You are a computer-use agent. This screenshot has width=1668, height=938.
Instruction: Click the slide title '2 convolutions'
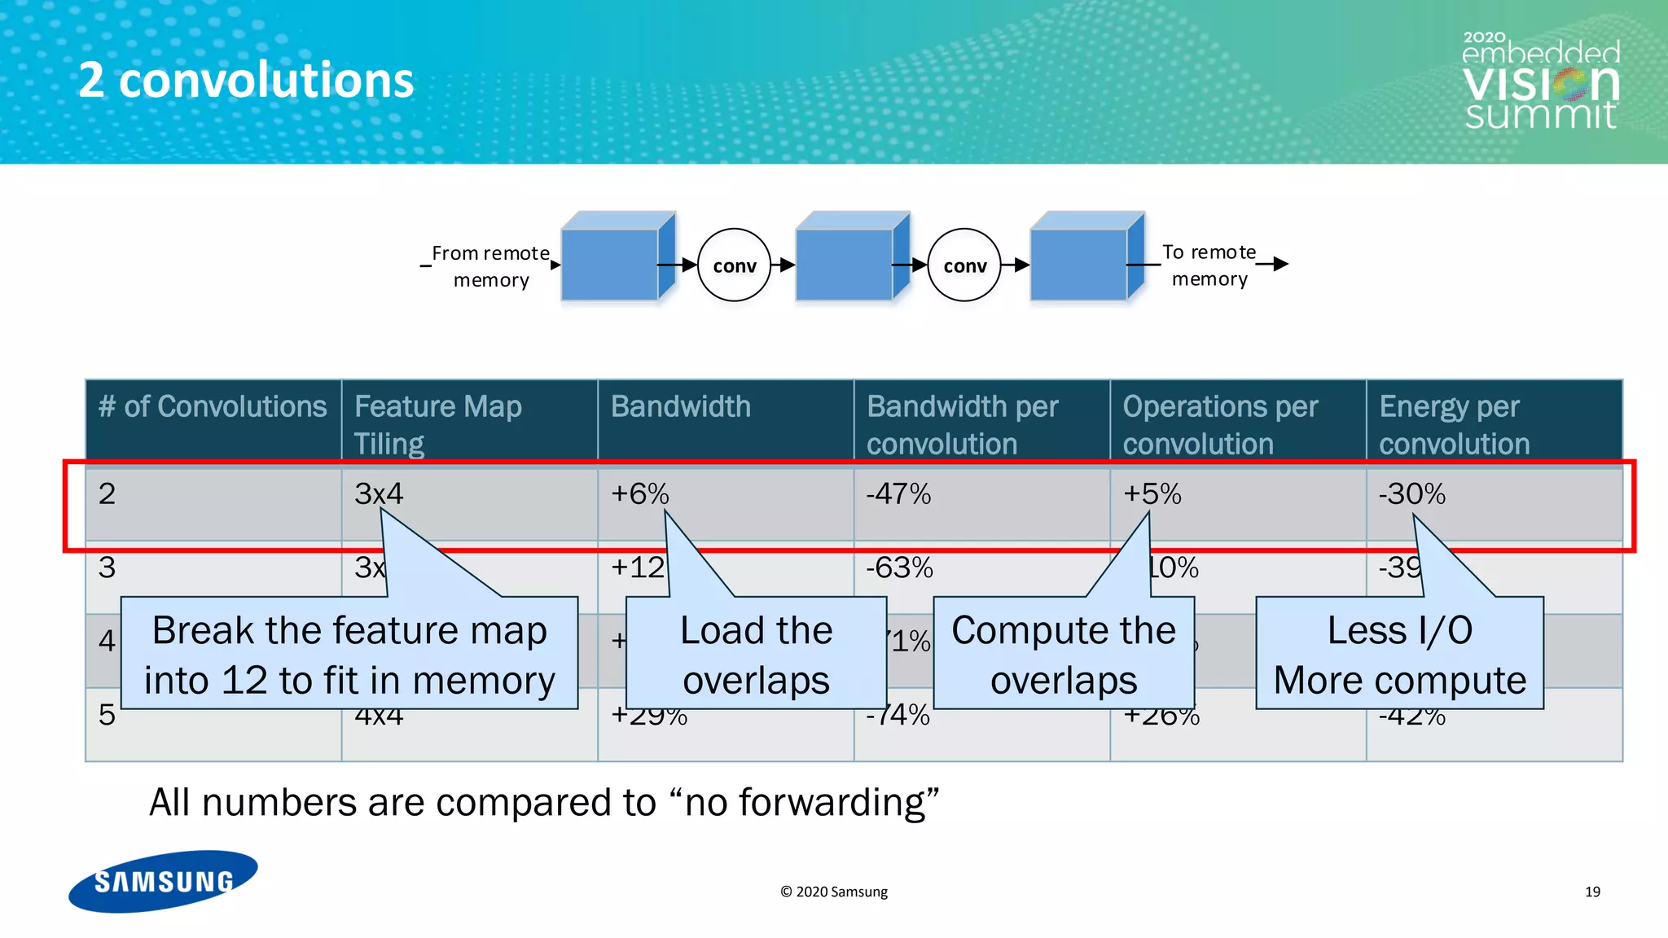pyautogui.click(x=246, y=81)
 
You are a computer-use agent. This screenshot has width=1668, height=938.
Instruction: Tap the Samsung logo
pyautogui.click(x=163, y=881)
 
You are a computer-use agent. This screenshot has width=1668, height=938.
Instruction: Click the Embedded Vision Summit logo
pyautogui.click(x=1540, y=81)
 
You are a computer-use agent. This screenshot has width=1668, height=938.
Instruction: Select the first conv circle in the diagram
pyautogui.click(x=734, y=265)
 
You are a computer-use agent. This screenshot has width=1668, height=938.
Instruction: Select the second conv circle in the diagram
pyautogui.click(x=964, y=265)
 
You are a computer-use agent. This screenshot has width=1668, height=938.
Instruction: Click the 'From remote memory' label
pyautogui.click(x=490, y=266)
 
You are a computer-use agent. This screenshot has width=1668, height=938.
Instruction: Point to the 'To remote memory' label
pyautogui.click(x=1209, y=265)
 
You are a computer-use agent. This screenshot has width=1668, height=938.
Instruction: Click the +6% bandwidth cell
pyautogui.click(x=640, y=493)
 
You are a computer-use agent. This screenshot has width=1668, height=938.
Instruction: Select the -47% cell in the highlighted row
pyautogui.click(x=898, y=493)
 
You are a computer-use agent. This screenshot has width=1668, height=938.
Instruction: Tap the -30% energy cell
pyautogui.click(x=1411, y=493)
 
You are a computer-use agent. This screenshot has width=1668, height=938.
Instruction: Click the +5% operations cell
pyautogui.click(x=1152, y=493)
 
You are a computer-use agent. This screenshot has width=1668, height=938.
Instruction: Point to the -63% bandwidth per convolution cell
pyautogui.click(x=899, y=568)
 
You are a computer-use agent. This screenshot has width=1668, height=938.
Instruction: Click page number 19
pyautogui.click(x=1592, y=892)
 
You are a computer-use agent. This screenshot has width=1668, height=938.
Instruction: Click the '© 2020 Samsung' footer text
pyautogui.click(x=834, y=892)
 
